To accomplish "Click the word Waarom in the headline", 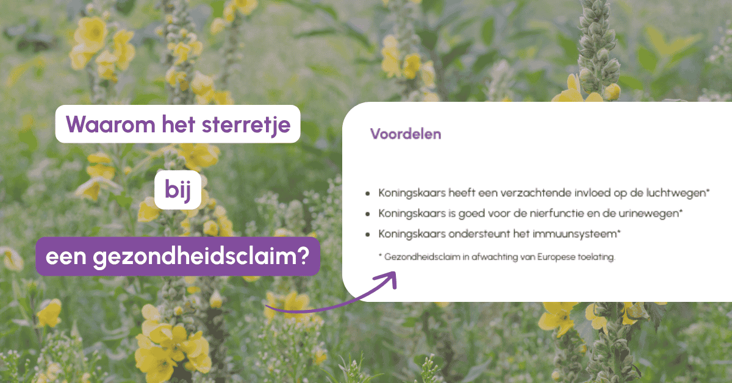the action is click(110, 124).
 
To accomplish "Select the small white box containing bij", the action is click(178, 190).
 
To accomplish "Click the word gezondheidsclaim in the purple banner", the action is click(193, 257).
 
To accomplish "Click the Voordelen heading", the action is click(406, 134).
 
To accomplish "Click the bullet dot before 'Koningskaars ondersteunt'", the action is click(368, 235).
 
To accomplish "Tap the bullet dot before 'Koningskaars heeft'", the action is click(368, 193).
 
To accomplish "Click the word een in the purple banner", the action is click(66, 257).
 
